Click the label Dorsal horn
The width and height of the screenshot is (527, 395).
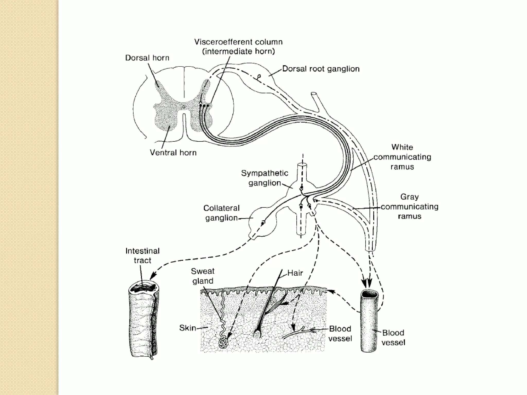tap(147, 58)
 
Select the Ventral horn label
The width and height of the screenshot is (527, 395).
tap(173, 153)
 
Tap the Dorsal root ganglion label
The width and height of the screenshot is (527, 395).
tap(321, 69)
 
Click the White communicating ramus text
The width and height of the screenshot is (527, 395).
tap(402, 157)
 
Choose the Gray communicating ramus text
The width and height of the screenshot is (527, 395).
tap(409, 207)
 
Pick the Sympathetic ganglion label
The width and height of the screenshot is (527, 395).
tap(265, 178)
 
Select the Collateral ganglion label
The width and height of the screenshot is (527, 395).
tap(221, 213)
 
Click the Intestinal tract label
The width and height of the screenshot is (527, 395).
tap(143, 255)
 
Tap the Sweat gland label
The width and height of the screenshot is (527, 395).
tap(203, 276)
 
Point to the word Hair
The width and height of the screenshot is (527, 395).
tap(295, 273)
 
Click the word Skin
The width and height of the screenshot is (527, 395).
tap(188, 328)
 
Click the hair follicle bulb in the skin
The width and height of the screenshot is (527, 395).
tap(257, 334)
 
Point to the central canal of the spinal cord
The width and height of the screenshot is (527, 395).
tap(184, 106)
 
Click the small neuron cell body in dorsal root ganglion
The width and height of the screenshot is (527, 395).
tap(259, 76)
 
